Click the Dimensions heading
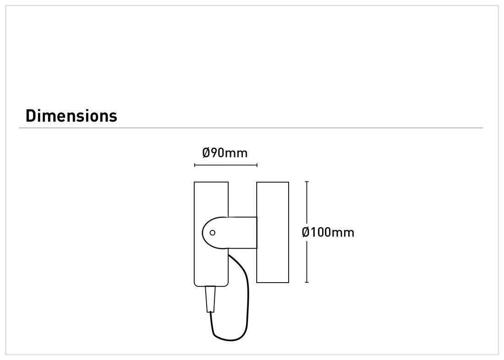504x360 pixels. coord(71,116)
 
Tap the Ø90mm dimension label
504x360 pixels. coord(225,153)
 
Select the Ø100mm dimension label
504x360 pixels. coord(328,232)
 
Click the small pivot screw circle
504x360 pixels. coord(213,233)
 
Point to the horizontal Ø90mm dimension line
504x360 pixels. coord(225,165)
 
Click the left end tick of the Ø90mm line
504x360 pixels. coord(195,165)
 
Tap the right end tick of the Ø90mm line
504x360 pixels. coord(257,165)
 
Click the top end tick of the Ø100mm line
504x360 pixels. coord(307,182)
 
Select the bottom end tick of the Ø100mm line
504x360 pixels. coord(307,283)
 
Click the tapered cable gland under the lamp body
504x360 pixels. coord(210,299)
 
